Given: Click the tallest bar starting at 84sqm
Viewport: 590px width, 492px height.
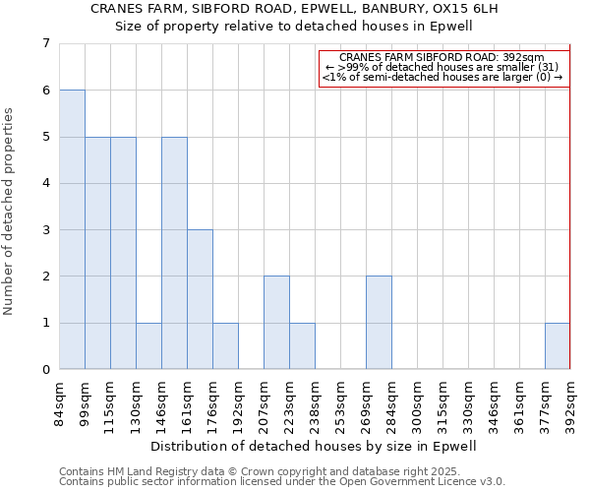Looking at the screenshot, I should pyautogui.click(x=72, y=229).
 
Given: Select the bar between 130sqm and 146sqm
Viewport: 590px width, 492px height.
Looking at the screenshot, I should pyautogui.click(x=148, y=346).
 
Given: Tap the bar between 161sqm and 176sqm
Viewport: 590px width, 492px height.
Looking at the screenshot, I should pyautogui.click(x=200, y=300).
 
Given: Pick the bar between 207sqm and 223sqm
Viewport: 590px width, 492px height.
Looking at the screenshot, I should pyautogui.click(x=276, y=323).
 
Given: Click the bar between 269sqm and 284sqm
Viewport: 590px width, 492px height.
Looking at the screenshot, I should pyautogui.click(x=379, y=323).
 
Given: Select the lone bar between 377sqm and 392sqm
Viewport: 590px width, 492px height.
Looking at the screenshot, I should pyautogui.click(x=558, y=346).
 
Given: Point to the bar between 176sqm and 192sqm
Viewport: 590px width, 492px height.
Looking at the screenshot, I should pyautogui.click(x=225, y=346).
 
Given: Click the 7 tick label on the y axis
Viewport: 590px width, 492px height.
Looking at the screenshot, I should pyautogui.click(x=45, y=43).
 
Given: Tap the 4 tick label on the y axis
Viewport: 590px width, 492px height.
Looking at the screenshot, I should pyautogui.click(x=45, y=183).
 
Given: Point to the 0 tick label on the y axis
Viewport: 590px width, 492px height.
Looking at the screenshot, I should pyautogui.click(x=45, y=370).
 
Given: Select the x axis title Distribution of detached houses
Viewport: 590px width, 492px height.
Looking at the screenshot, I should pyautogui.click(x=315, y=446).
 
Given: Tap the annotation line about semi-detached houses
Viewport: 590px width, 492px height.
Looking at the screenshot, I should pyautogui.click(x=443, y=77).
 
